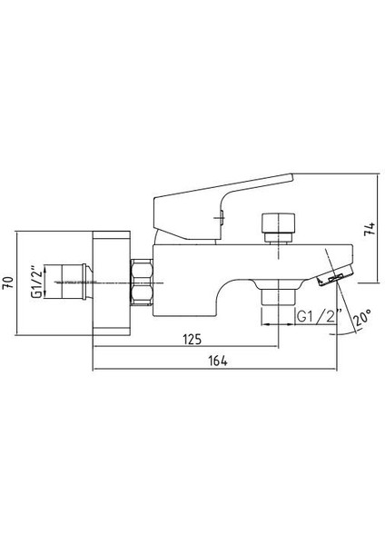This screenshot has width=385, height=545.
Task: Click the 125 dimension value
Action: tap(192, 339)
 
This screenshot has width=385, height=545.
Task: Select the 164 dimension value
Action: tap(218, 362)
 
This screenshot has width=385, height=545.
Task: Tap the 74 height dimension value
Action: tap(370, 229)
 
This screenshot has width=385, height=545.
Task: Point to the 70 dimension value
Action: tap(8, 282)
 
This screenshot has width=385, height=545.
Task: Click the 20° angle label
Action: tap(362, 318)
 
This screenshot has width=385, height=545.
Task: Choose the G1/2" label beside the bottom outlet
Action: tap(320, 316)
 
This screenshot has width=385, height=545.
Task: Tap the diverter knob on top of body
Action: tap(279, 223)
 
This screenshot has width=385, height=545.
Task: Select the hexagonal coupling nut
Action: tap(142, 282)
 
